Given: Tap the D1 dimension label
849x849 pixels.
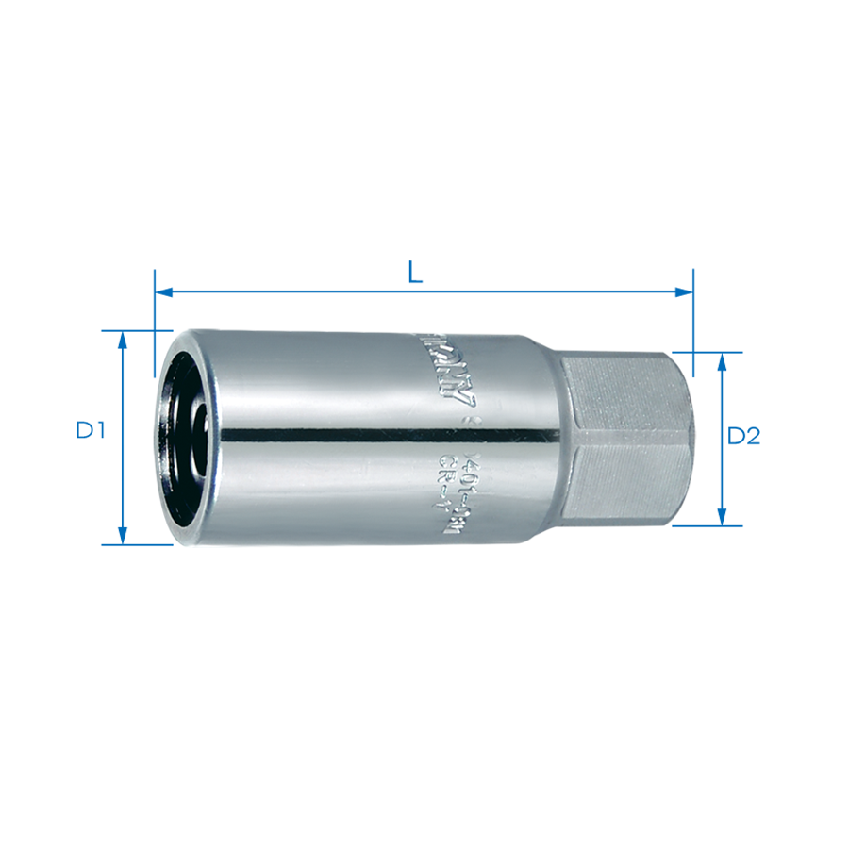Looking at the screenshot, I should (x=91, y=431).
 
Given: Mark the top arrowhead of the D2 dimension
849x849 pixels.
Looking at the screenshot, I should (x=722, y=361).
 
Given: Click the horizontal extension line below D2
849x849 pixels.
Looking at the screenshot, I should (x=707, y=525).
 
